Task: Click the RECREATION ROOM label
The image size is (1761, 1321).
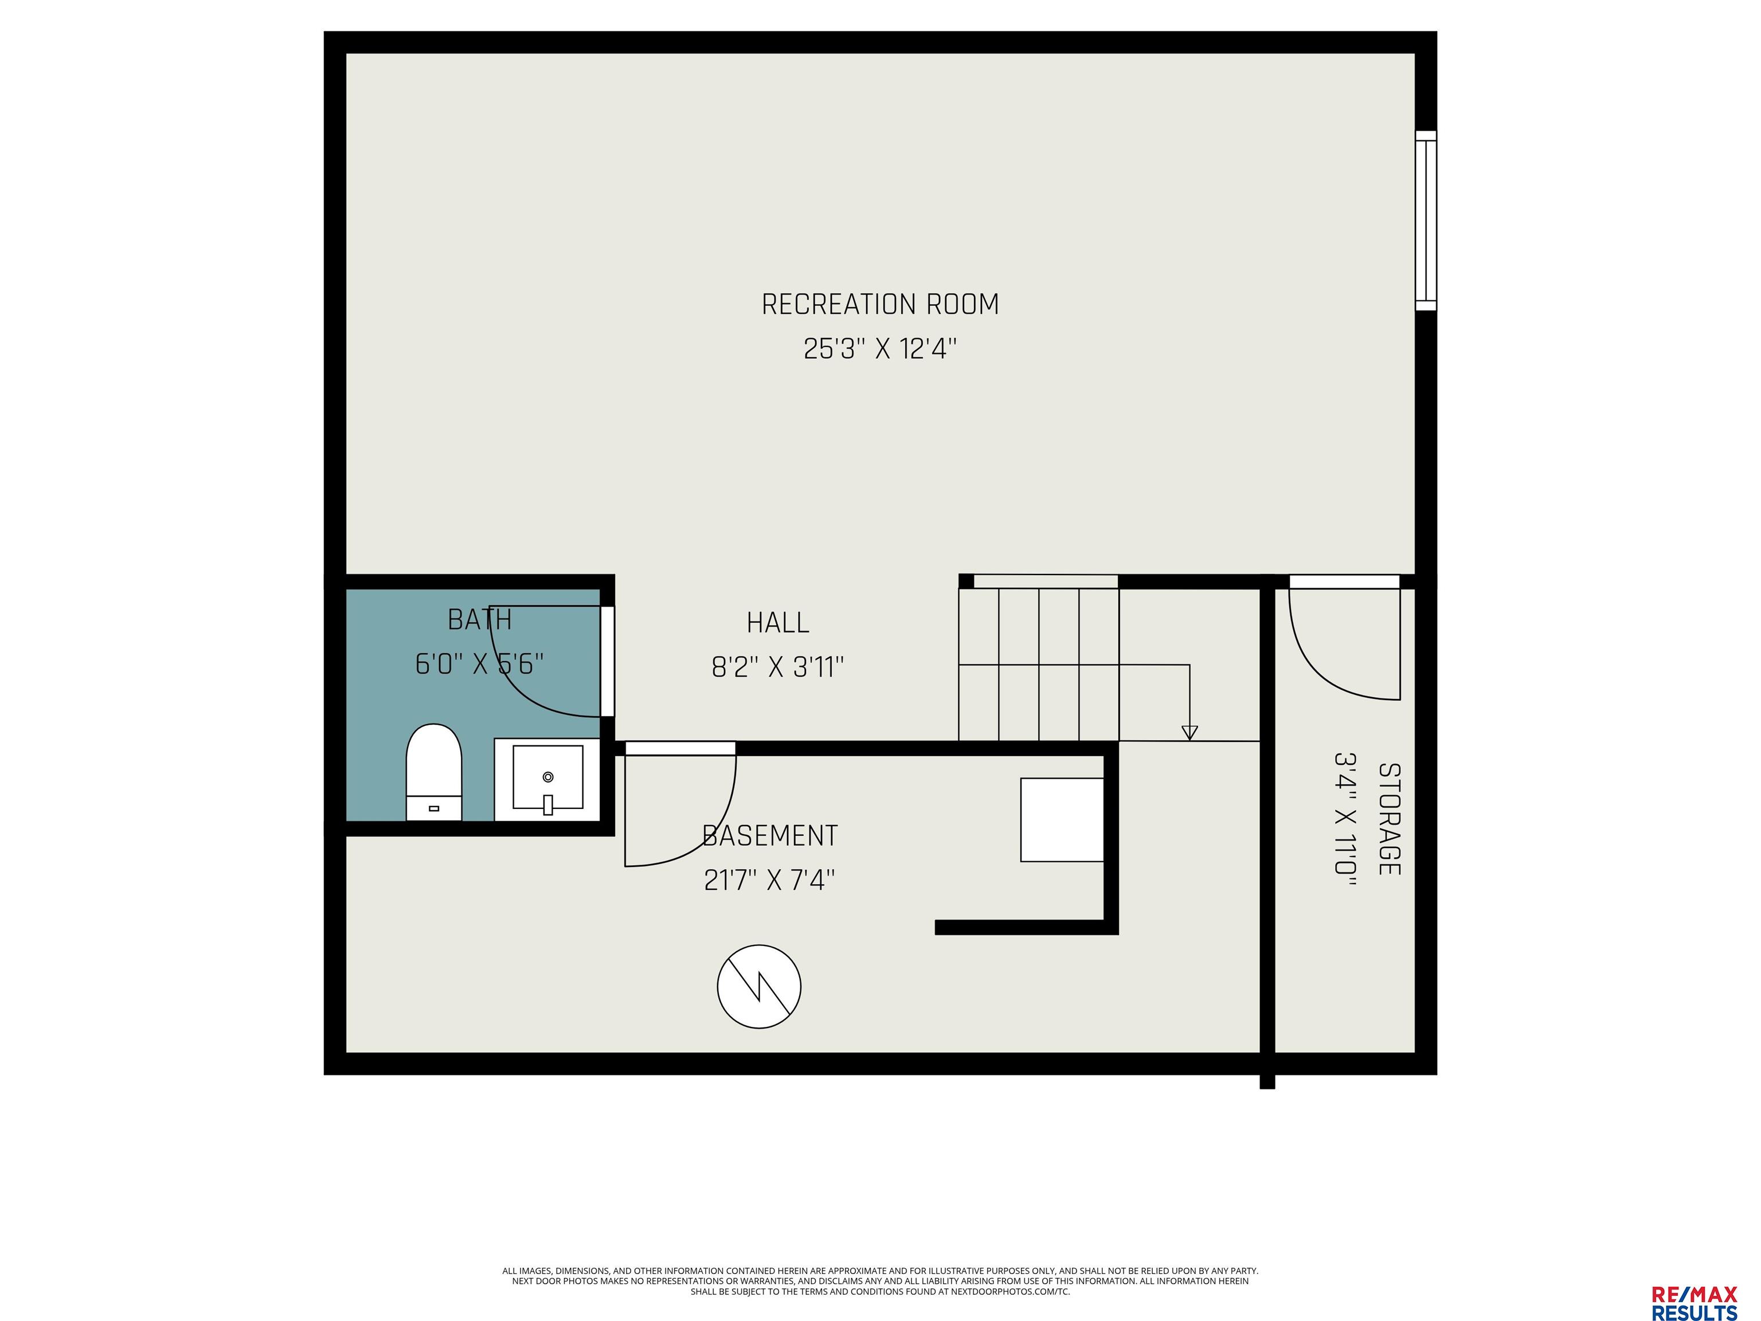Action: [880, 304]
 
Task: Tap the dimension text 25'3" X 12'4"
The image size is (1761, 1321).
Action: [880, 349]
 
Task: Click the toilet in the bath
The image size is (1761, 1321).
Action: [434, 772]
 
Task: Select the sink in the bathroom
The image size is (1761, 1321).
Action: [547, 780]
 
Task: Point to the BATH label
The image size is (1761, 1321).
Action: [479, 619]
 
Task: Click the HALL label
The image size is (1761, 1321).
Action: [778, 623]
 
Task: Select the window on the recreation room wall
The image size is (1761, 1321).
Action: [1426, 221]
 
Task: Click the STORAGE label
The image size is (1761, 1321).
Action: [1389, 819]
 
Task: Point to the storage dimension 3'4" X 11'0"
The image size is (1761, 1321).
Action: [1345, 814]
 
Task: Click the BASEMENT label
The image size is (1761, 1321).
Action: [770, 835]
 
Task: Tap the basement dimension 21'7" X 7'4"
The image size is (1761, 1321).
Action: [770, 880]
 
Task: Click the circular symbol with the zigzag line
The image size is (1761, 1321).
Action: [759, 987]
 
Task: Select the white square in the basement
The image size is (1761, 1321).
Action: [1062, 819]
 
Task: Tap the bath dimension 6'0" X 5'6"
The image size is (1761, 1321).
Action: [479, 663]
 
